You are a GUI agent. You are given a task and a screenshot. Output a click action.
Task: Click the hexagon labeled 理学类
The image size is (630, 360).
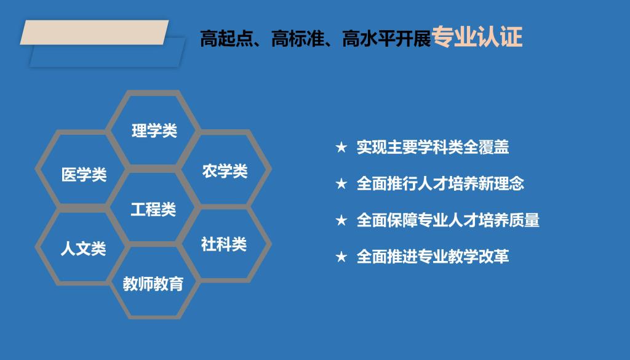click(154, 130)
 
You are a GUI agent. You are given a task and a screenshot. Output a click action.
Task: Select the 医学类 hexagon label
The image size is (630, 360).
click(84, 175)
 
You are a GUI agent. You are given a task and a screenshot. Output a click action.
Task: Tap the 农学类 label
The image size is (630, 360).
click(225, 171)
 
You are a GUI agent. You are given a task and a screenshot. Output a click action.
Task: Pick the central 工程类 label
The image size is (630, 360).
click(153, 209)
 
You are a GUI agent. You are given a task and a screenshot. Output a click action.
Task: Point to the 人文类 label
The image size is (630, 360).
click(83, 249)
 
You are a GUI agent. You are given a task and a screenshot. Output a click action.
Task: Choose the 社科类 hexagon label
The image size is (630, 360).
click(224, 244)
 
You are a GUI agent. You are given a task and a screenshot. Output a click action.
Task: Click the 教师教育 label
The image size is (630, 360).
click(153, 284)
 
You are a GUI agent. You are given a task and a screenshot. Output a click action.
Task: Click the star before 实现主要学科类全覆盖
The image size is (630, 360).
click(341, 147)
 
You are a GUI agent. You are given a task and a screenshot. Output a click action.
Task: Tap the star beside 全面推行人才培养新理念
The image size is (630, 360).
click(341, 183)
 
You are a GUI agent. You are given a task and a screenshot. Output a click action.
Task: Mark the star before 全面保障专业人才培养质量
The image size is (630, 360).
click(341, 220)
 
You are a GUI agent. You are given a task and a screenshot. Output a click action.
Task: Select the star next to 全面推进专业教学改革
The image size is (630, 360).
click(341, 257)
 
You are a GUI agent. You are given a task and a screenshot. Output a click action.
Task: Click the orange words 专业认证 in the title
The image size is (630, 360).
click(477, 37)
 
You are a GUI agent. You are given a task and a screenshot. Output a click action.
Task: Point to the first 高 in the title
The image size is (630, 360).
click(209, 39)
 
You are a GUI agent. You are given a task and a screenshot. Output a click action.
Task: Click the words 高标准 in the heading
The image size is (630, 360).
click(298, 39)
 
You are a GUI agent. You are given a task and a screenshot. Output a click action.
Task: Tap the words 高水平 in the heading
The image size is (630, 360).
click(369, 39)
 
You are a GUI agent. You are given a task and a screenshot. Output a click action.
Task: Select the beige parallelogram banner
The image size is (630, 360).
click(94, 32)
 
